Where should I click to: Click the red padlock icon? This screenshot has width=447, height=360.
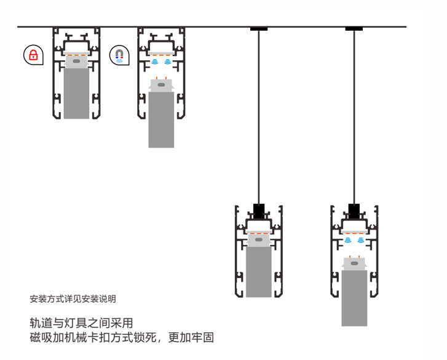pyautogui.click(x=33, y=54)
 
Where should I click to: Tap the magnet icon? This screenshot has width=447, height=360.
pyautogui.click(x=119, y=55)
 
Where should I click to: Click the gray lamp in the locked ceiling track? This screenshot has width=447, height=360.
pyautogui.click(x=76, y=92)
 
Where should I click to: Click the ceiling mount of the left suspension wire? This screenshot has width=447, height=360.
pyautogui.click(x=259, y=29)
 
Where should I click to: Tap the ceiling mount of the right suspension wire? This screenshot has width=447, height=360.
pyautogui.click(x=354, y=29)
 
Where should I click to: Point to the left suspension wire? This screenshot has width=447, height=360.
pyautogui.click(x=259, y=117)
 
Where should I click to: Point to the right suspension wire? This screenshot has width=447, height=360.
pyautogui.click(x=354, y=117)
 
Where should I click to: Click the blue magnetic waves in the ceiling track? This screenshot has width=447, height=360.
pyautogui.click(x=161, y=62)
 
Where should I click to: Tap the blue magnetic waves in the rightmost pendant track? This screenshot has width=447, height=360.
pyautogui.click(x=354, y=239)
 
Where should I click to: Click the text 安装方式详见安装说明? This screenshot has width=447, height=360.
pyautogui.click(x=73, y=300)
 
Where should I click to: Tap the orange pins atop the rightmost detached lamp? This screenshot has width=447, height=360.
pyautogui.click(x=354, y=255)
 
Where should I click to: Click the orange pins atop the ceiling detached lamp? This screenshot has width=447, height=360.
pyautogui.click(x=161, y=78)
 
